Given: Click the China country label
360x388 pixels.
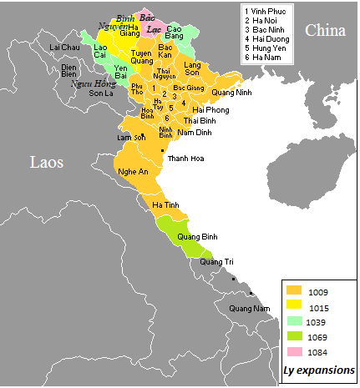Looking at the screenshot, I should [325, 30].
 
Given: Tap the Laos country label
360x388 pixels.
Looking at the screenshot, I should [49, 161].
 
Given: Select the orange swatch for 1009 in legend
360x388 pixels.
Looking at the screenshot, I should [293, 290].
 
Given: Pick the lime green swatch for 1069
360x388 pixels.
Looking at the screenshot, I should [293, 337].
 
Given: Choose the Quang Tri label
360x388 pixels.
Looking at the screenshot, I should [216, 262].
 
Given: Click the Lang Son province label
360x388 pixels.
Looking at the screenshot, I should [193, 68].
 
